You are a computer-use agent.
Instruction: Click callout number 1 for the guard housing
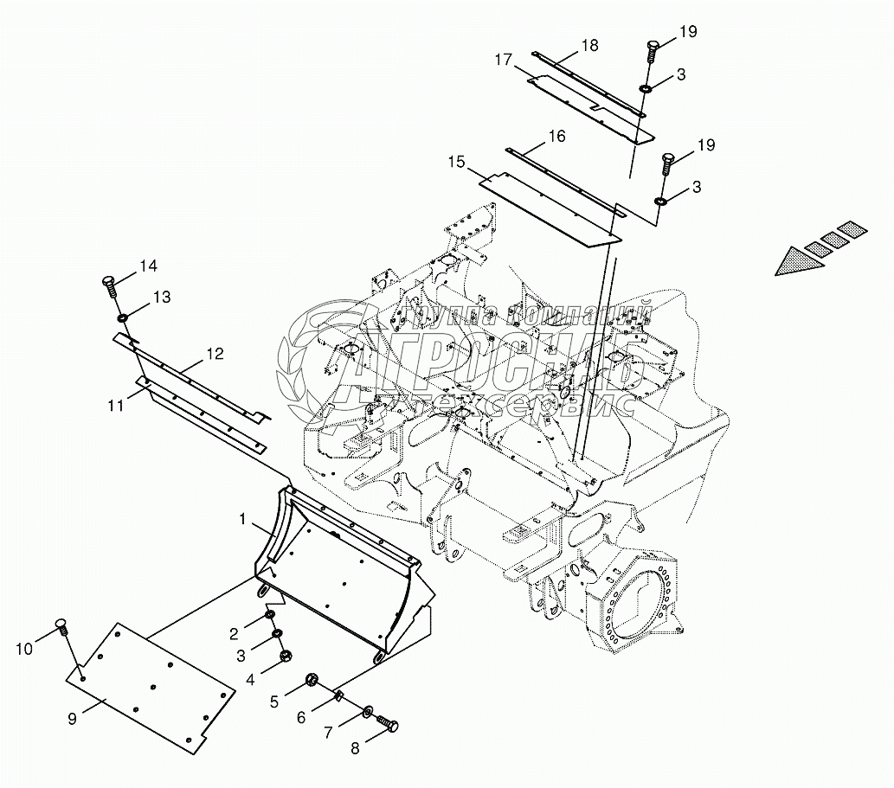244,519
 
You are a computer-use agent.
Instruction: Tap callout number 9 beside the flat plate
73,718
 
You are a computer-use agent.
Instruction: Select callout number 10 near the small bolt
25,647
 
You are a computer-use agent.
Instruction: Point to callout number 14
149,266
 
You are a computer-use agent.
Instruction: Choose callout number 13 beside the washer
162,298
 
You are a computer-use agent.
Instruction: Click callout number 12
214,353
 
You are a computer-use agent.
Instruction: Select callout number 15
456,161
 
